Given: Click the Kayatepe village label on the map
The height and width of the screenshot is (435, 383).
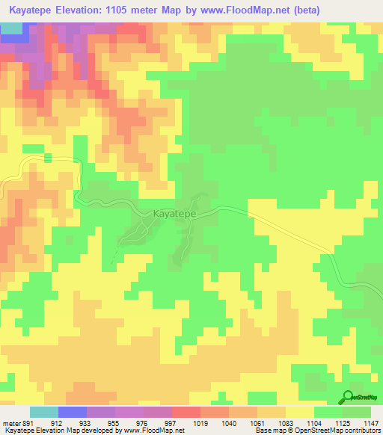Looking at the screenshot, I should click(175, 214).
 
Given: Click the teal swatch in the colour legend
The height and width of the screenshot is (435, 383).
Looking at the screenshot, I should click(44, 412).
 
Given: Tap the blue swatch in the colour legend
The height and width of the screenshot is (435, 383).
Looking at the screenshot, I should click(73, 412).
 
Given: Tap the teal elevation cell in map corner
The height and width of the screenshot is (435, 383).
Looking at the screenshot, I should click(10, 28).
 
